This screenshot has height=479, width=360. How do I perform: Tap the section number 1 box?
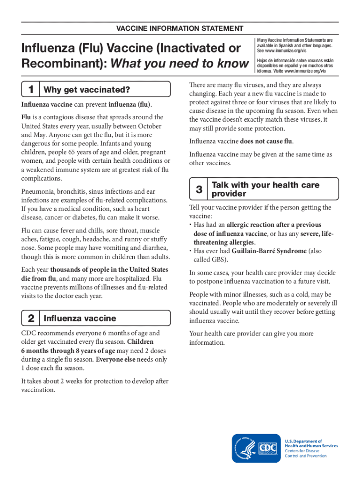pyautogui.click(x=31, y=89)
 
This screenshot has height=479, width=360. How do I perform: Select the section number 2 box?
pyautogui.click(x=31, y=319)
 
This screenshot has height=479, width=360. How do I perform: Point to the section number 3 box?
pyautogui.click(x=199, y=189)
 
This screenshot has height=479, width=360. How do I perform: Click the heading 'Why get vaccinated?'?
pyautogui.click(x=86, y=89)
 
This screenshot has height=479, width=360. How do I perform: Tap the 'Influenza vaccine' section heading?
pyautogui.click(x=79, y=319)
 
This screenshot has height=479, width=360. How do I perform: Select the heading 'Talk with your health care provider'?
pyautogui.click(x=266, y=189)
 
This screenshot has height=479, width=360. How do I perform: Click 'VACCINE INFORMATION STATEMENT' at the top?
pyautogui.click(x=180, y=29)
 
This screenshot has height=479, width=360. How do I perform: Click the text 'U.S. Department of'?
pyautogui.click(x=303, y=441)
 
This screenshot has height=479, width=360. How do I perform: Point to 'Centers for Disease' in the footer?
pyautogui.click(x=302, y=451)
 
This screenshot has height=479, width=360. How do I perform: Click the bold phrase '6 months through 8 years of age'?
pyautogui.click(x=68, y=351)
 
